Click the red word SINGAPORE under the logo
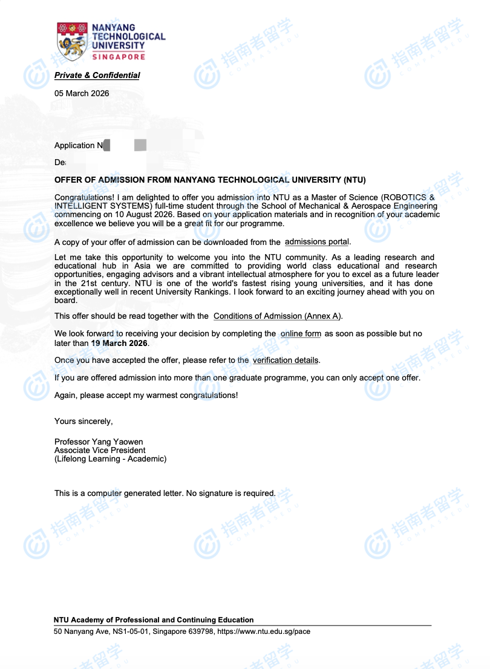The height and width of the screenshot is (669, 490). (119, 57)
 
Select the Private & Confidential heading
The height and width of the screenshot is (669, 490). (97, 76)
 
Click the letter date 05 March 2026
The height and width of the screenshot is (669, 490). (82, 94)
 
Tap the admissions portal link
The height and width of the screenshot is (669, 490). (317, 242)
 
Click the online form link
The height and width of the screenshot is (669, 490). (301, 334)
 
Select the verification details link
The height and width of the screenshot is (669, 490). (285, 361)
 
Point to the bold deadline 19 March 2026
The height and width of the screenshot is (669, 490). (119, 343)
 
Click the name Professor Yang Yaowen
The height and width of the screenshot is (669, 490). (99, 442)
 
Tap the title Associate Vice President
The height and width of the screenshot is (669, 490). (100, 450)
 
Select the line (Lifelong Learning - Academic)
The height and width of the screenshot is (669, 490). (110, 459)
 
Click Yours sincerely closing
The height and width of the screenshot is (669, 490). (83, 421)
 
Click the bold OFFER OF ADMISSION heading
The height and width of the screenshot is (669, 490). (210, 180)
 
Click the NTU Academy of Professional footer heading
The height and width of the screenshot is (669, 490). (154, 620)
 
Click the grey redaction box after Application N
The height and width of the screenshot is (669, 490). (140, 145)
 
